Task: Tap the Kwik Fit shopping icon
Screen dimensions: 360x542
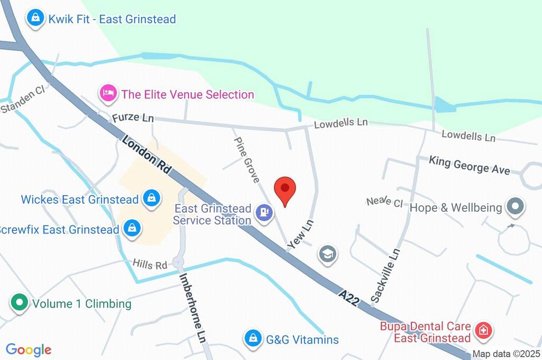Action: pyautogui.click(x=35, y=18)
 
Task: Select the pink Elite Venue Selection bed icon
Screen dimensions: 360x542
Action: pyautogui.click(x=108, y=94)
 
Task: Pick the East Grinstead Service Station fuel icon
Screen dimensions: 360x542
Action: pyautogui.click(x=264, y=213)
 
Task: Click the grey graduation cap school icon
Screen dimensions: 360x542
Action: pyautogui.click(x=328, y=255)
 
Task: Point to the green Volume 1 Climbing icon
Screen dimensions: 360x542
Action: pyautogui.click(x=20, y=303)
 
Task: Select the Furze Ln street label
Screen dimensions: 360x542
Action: pyautogui.click(x=132, y=118)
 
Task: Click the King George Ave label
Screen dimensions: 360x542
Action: pyautogui.click(x=469, y=165)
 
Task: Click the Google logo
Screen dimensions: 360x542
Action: pyautogui.click(x=29, y=349)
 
